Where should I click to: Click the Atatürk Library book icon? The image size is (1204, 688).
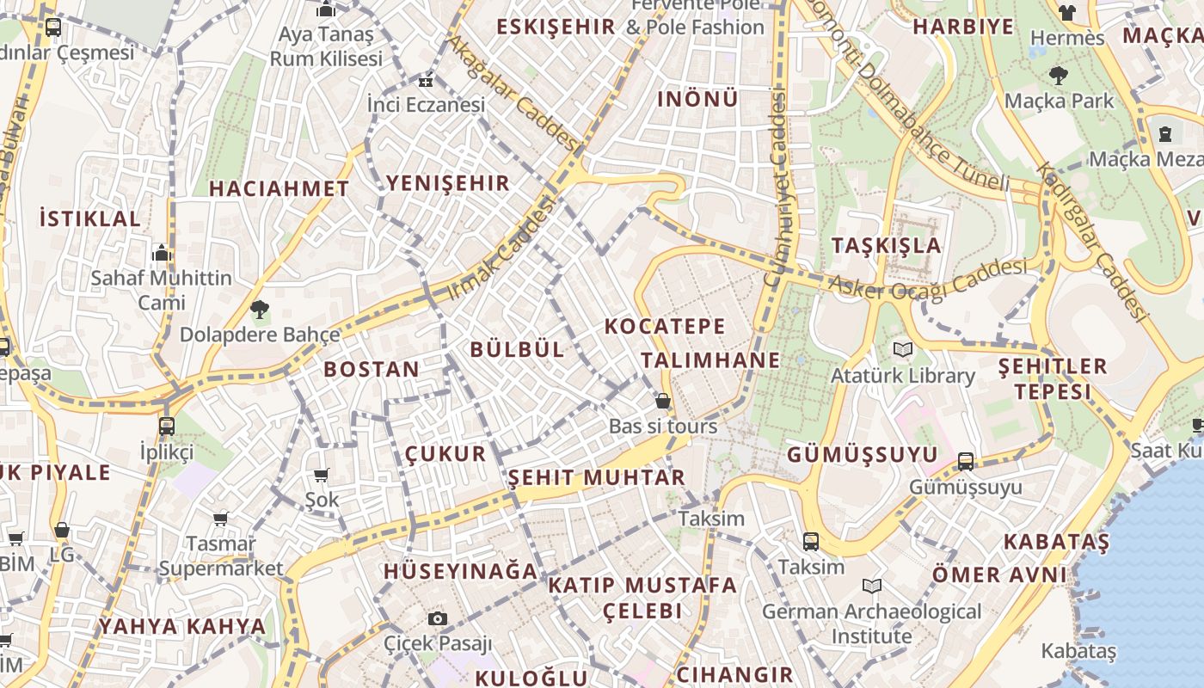[x=902, y=349]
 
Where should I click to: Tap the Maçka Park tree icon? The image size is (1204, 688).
[x=1059, y=76]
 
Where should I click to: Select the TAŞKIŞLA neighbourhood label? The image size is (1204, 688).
[x=887, y=245]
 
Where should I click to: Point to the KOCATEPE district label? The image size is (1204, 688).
[x=665, y=327]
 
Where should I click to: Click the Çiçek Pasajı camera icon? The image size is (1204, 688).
[x=438, y=618]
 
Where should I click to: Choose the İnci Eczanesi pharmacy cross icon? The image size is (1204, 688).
[x=425, y=83]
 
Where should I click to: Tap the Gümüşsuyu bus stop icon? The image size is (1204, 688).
[x=966, y=462]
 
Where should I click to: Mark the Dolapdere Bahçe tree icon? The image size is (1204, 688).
[x=259, y=310]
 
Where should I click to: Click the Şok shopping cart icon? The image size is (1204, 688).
[x=322, y=475]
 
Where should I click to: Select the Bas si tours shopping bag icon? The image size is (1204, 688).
[x=663, y=401]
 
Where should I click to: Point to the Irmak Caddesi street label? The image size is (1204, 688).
[x=501, y=249]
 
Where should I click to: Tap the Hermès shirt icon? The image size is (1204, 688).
[x=1066, y=12]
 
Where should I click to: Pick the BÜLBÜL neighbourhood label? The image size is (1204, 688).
[x=518, y=349]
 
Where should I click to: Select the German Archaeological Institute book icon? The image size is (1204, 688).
[x=872, y=587]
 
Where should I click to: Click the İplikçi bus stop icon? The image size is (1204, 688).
[x=167, y=426]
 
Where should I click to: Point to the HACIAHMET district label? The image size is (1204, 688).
[x=279, y=188]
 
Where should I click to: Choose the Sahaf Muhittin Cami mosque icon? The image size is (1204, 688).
[x=162, y=254]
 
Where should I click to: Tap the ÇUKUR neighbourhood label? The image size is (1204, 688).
[x=445, y=454]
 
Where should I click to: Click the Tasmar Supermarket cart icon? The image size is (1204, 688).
[x=221, y=519]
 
